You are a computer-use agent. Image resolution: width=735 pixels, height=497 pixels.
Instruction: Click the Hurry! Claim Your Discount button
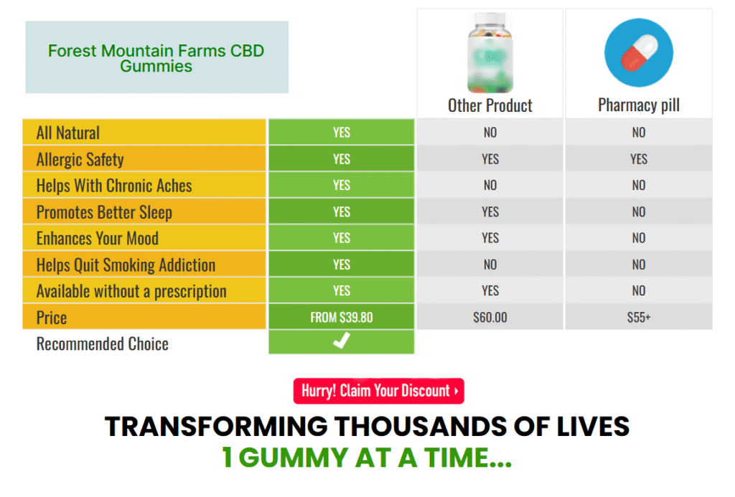point(378,391)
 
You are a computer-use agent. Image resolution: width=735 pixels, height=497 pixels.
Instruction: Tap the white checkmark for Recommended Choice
point(342,342)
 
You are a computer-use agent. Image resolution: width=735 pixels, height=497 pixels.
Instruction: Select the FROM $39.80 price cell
point(342,317)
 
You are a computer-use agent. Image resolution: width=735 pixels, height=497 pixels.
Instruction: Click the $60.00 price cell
point(490,317)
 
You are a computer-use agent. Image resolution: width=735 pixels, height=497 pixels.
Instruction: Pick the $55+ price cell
point(639,317)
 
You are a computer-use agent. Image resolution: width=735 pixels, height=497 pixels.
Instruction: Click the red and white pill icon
point(639,52)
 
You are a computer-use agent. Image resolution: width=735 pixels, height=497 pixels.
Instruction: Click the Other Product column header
point(490,106)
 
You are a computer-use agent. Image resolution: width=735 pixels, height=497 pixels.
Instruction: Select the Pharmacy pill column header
point(639,106)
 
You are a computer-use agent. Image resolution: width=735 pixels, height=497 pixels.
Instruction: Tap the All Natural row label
point(68,133)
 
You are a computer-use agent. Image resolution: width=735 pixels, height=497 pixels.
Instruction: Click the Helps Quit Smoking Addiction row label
point(126,265)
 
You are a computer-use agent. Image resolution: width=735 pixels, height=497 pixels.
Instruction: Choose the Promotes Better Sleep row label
point(104,212)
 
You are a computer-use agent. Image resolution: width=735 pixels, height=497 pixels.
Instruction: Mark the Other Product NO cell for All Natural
point(490,133)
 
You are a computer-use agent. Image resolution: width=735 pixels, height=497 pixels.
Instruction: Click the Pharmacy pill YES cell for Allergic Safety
point(639,159)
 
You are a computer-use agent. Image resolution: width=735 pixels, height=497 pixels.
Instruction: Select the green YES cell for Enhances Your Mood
point(342,238)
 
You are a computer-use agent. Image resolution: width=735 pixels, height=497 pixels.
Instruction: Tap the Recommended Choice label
point(103,344)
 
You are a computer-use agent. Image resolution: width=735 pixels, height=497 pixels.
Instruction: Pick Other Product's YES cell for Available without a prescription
point(490,290)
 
